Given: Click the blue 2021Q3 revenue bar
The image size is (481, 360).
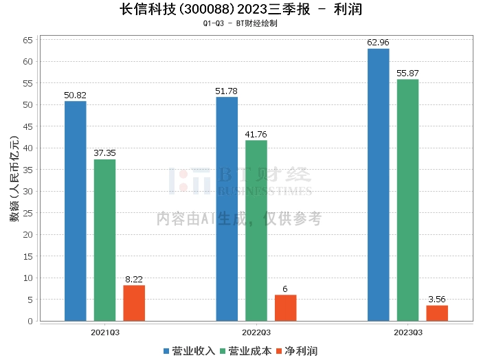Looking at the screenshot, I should click(76, 211).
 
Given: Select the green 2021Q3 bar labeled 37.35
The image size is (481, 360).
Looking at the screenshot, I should click(105, 240).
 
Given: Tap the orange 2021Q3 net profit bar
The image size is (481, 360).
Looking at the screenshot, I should click(134, 303).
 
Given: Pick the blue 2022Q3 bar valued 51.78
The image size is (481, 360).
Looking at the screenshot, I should click(227, 209).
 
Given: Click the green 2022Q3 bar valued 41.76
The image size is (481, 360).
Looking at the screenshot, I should click(256, 230).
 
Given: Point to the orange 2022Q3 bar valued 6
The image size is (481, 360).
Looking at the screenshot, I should click(285, 308).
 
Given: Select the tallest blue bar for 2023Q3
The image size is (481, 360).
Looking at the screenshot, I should click(379, 185).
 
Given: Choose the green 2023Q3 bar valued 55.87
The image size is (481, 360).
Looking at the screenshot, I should click(407, 200).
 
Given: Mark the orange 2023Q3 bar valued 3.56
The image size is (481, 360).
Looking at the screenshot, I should click(437, 313).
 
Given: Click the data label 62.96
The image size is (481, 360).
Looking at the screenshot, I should click(379, 43).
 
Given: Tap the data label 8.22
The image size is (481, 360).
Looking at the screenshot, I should click(134, 280).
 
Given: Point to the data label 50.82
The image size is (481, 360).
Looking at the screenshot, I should click(76, 95).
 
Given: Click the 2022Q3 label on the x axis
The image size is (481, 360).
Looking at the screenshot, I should click(256, 332).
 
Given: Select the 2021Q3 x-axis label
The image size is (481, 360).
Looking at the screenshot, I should click(105, 332).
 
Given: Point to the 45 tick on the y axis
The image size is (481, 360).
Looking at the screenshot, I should click(28, 126).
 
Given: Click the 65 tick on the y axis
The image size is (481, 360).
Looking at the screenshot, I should click(28, 41).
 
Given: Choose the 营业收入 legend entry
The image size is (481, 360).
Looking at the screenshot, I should click(189, 351).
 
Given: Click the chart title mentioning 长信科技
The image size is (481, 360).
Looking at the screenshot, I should click(240, 10).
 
